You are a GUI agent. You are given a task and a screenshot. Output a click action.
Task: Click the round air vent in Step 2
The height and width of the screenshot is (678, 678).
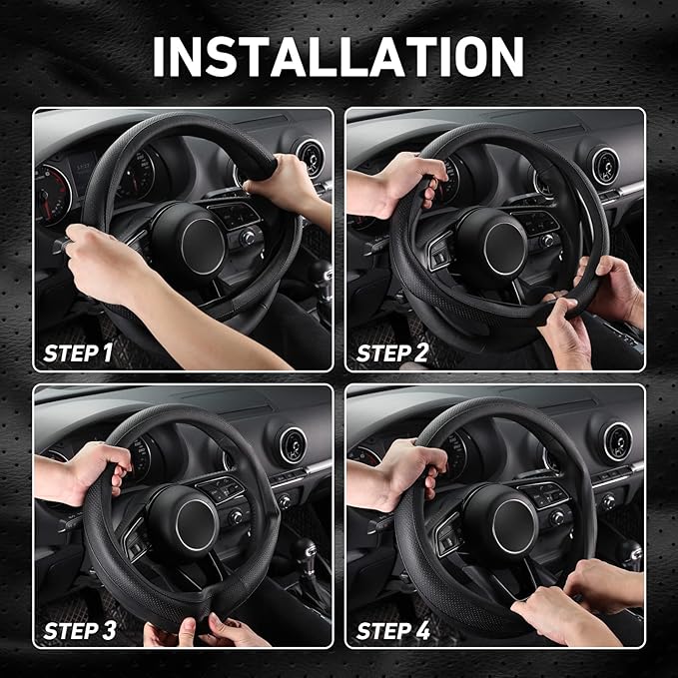click(605, 166)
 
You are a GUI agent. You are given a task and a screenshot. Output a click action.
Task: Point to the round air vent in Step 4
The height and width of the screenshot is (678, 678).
click(616, 441)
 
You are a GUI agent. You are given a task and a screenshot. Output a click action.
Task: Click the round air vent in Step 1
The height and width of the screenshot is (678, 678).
click(310, 158)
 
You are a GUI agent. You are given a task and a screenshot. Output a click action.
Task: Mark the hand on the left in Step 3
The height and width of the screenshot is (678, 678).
click(85, 469)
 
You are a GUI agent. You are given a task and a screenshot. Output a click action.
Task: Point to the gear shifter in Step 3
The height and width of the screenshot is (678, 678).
click(304, 554)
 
